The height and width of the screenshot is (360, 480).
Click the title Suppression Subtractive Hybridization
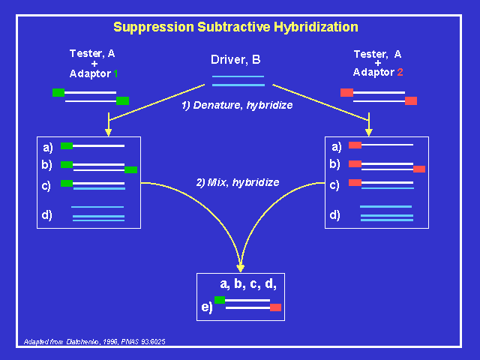pyautogui.click(x=235, y=27)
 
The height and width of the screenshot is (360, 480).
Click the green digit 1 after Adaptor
pyautogui.click(x=115, y=73)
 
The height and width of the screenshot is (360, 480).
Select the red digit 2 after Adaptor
pyautogui.click(x=400, y=73)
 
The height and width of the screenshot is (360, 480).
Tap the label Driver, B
pyautogui.click(x=235, y=59)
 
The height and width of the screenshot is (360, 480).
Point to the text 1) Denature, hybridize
pyautogui.click(x=237, y=105)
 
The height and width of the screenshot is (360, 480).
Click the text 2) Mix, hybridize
pyautogui.click(x=237, y=182)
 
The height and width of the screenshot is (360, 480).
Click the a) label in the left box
pyautogui.click(x=47, y=146)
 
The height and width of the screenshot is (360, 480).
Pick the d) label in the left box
pyautogui.click(x=47, y=216)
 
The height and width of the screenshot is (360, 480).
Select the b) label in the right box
pyautogui.click(x=335, y=164)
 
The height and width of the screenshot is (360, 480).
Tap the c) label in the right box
pyautogui.click(x=335, y=184)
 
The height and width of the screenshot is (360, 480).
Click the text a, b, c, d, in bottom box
pyautogui.click(x=253, y=284)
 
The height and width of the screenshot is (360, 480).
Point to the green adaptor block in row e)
pyautogui.click(x=220, y=301)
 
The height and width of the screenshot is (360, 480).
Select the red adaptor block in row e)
pyautogui.click(x=275, y=307)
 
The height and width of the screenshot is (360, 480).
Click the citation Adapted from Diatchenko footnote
pyautogui.click(x=94, y=342)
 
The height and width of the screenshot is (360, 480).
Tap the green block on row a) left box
pyautogui.click(x=67, y=145)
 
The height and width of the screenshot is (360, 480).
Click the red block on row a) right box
pyautogui.click(x=355, y=145)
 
